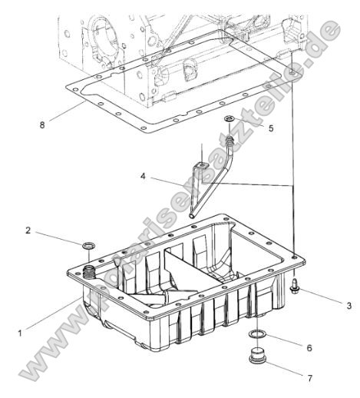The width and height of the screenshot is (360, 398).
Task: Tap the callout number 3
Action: (348, 305)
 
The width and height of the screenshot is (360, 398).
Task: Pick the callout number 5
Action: (270, 128)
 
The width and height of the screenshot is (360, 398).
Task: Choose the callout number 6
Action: (309, 347)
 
